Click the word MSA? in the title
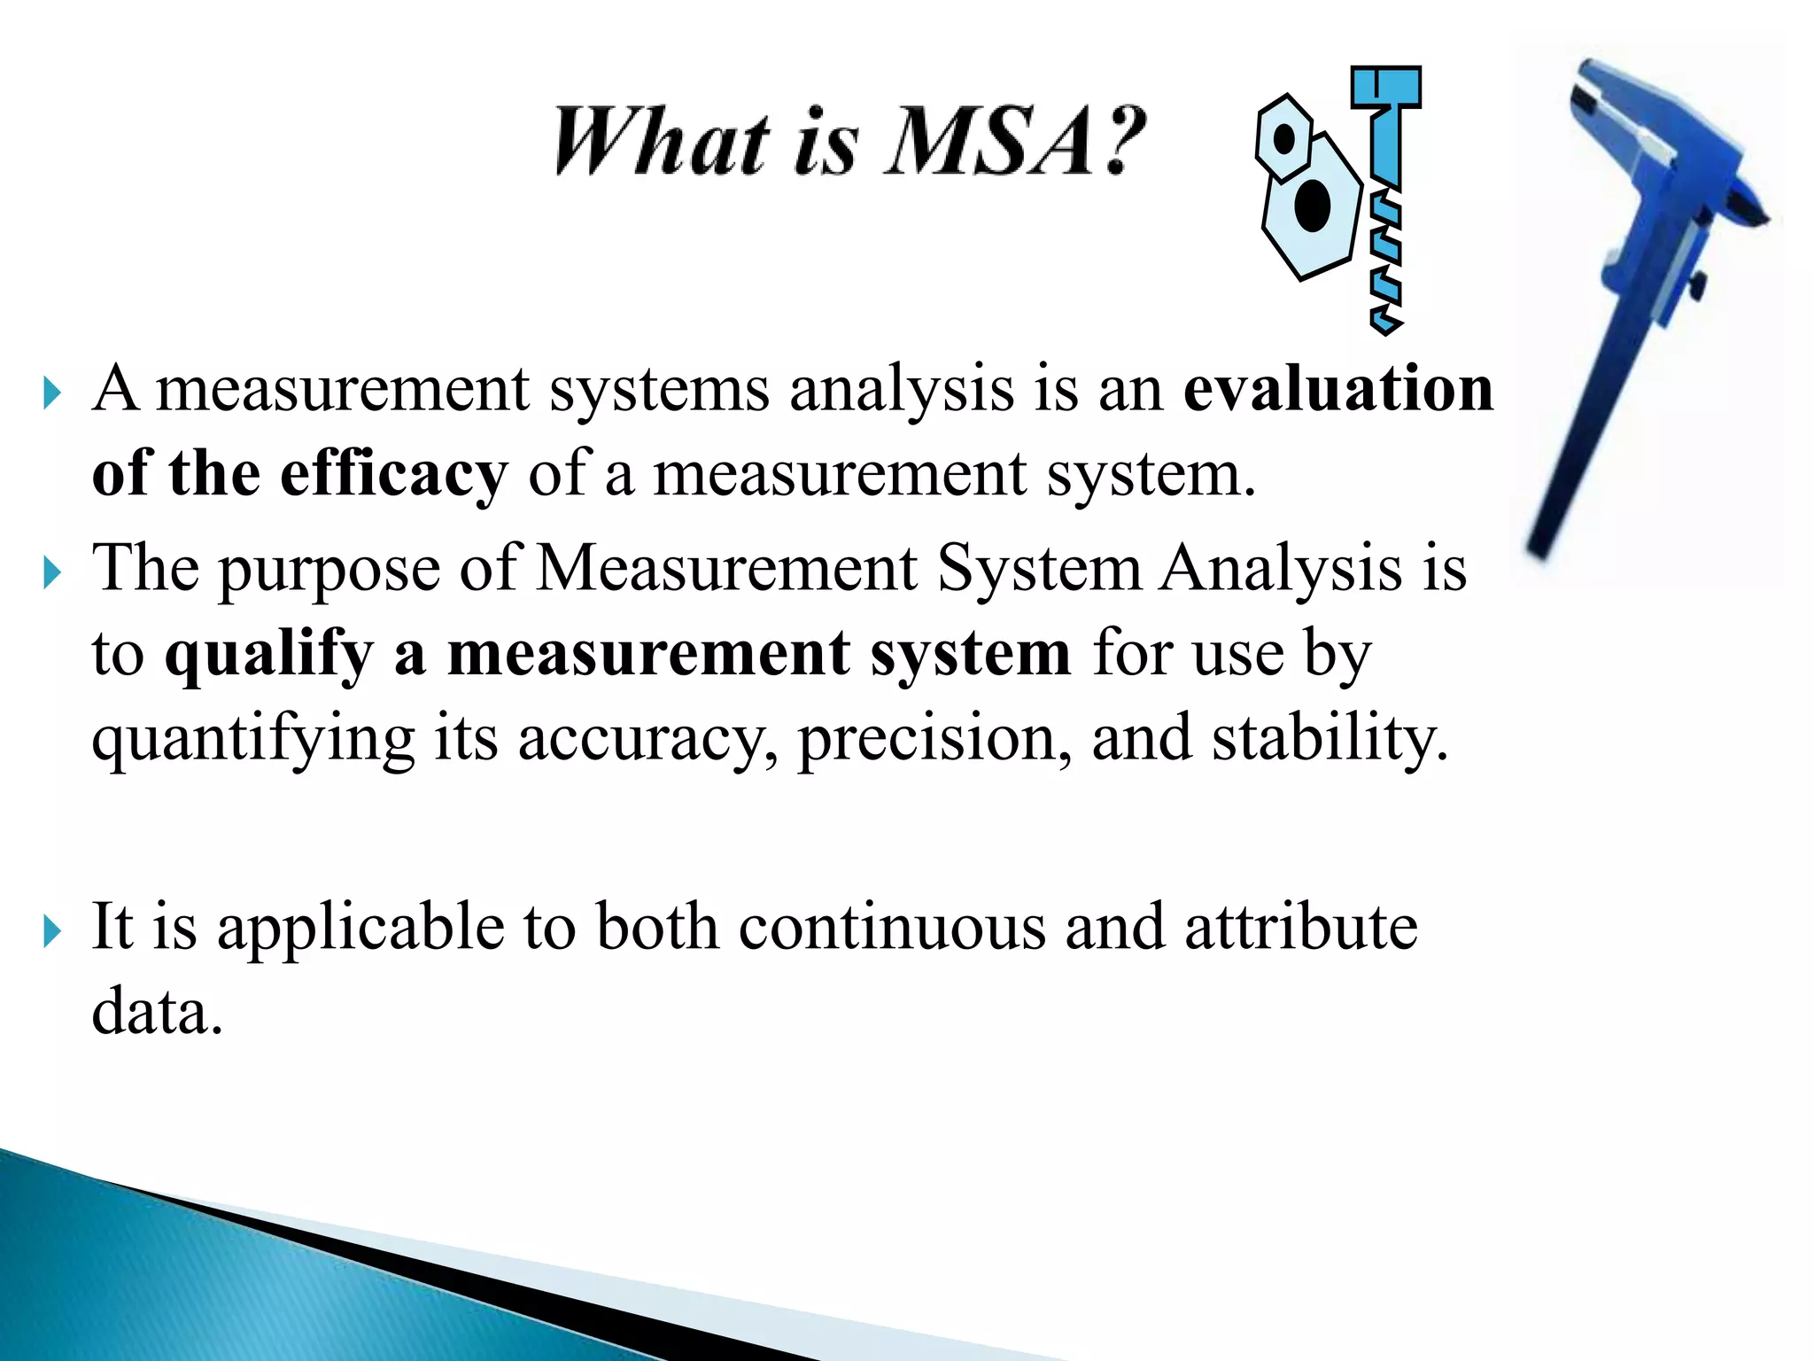click(x=1015, y=141)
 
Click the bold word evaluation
click(x=1338, y=389)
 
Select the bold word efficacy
click(x=393, y=475)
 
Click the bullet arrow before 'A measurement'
click(x=52, y=393)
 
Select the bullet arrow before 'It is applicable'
click(x=52, y=931)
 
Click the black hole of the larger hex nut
click(x=1312, y=205)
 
